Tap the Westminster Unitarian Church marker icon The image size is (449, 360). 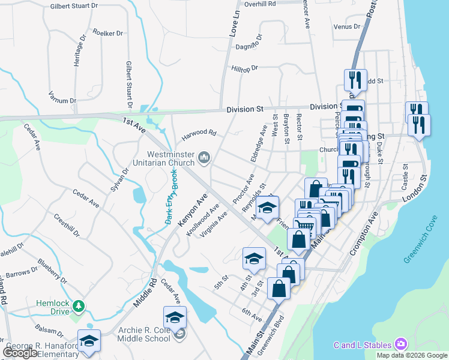204,157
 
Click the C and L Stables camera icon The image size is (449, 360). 400,344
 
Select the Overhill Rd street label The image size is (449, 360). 260,4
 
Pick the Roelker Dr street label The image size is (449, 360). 108,33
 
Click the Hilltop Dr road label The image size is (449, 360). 245,68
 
